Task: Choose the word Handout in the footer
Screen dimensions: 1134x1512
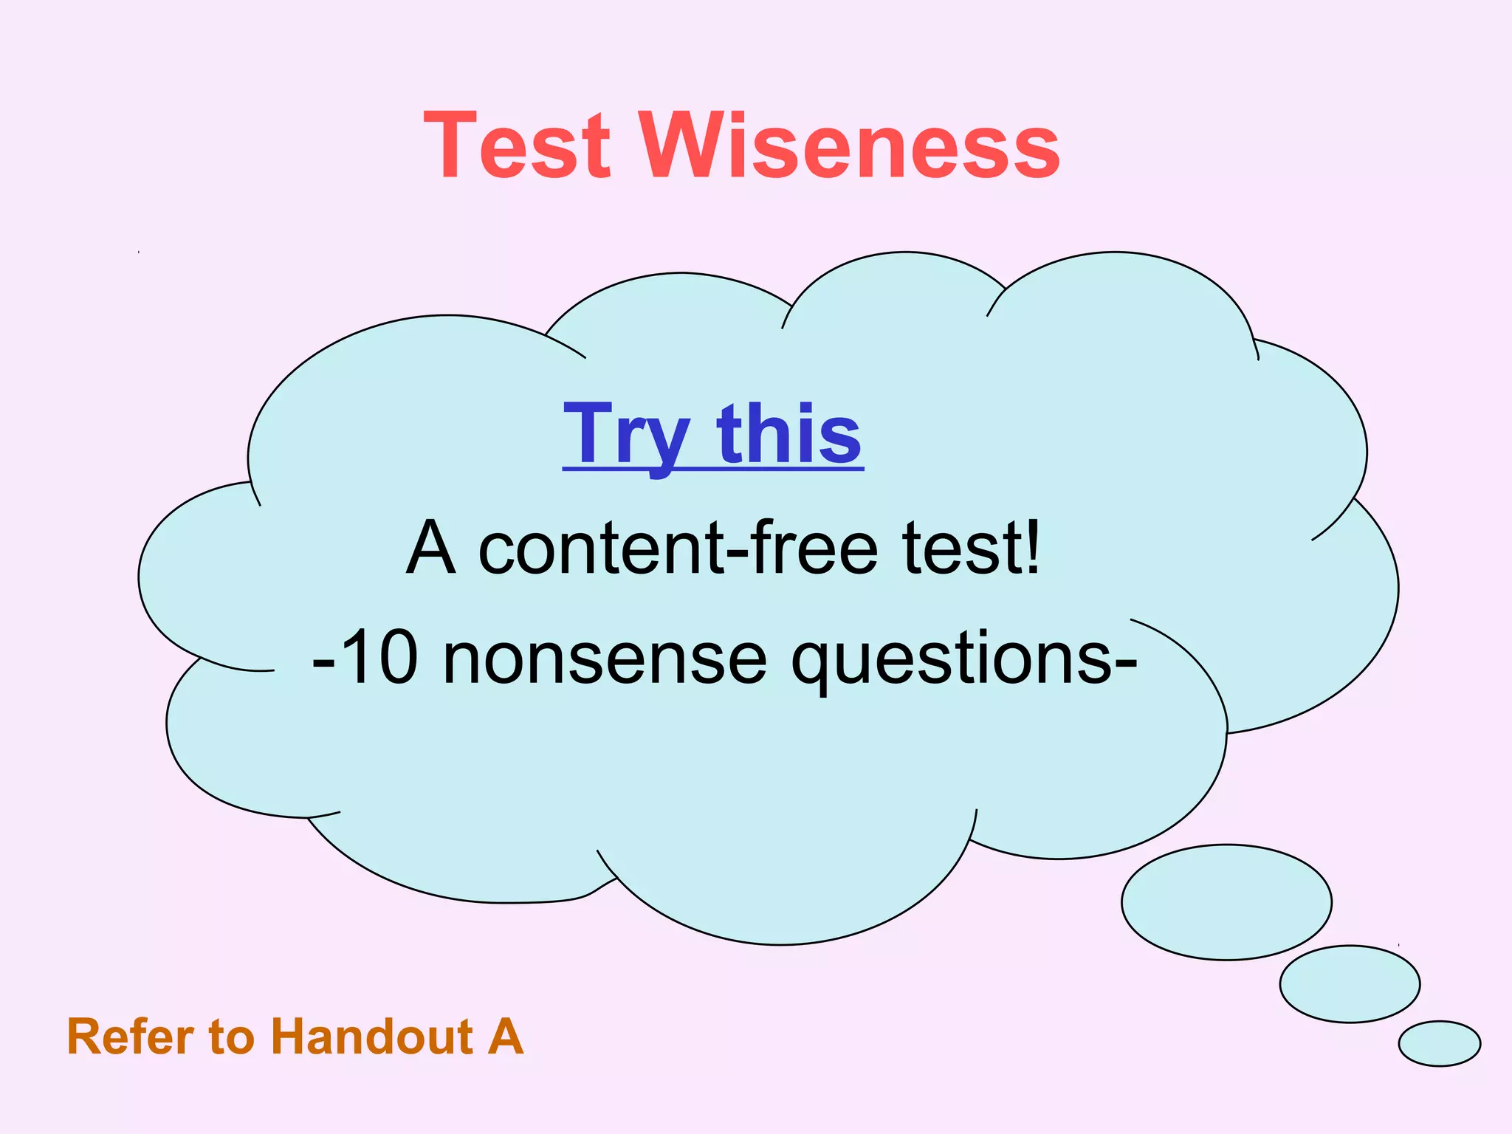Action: click(x=372, y=1037)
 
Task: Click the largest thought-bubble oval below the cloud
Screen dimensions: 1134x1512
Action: click(x=1226, y=902)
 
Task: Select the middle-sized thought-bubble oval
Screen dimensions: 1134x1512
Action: click(x=1350, y=983)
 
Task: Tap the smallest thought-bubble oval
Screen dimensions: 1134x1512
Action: click(x=1439, y=1043)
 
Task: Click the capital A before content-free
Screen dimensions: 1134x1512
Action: click(x=430, y=548)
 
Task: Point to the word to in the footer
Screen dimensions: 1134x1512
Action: click(x=230, y=1037)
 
